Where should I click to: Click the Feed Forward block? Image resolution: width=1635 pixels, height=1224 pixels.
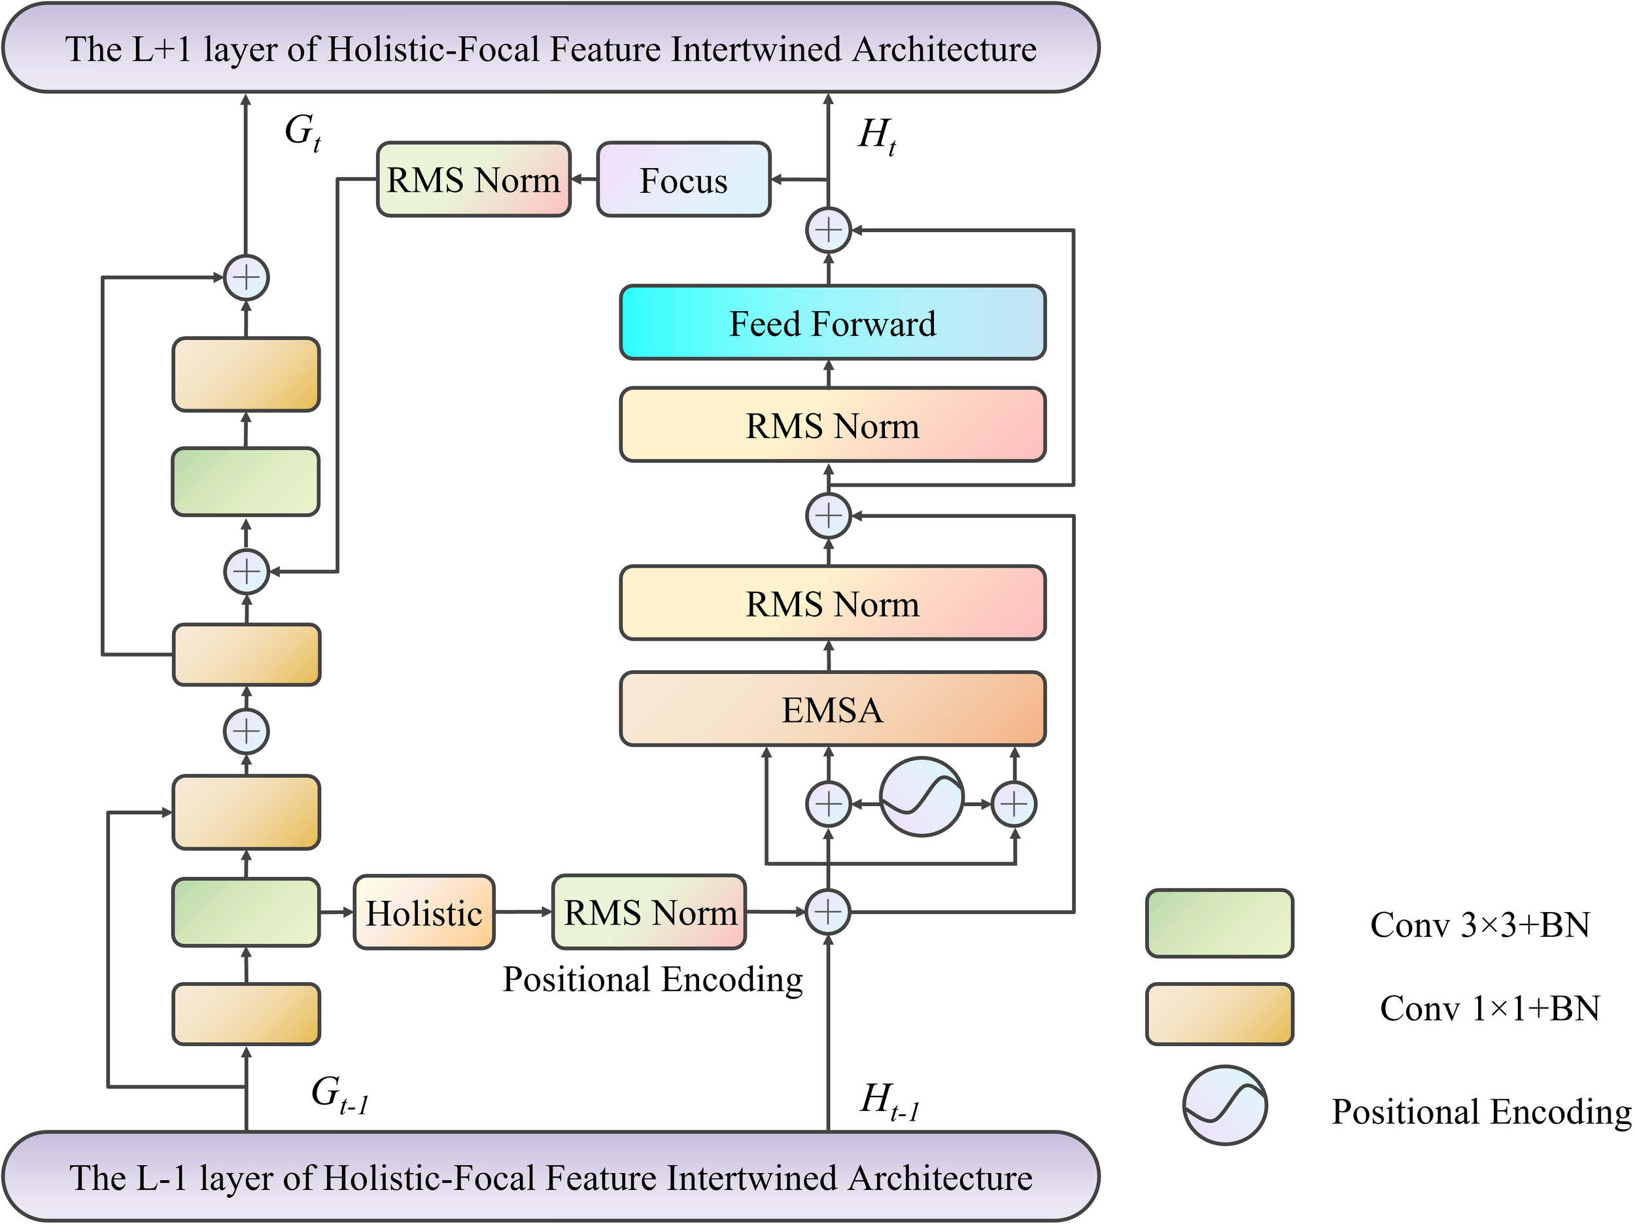[833, 323]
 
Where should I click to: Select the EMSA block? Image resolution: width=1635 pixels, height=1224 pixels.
[833, 709]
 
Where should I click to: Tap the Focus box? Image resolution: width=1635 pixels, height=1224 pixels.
[683, 180]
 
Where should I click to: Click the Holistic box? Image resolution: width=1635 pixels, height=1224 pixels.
[424, 913]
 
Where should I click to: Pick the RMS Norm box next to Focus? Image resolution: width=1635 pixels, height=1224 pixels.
[473, 180]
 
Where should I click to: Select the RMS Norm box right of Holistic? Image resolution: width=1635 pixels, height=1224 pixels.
[649, 912]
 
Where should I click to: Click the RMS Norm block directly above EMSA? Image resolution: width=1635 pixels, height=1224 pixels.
[833, 603]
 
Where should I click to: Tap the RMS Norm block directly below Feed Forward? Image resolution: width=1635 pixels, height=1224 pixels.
[833, 425]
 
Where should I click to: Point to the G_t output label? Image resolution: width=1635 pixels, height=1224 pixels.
[302, 131]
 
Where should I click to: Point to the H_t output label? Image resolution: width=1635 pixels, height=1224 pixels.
[876, 136]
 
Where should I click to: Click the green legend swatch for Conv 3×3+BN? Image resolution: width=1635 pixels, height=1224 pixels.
[1219, 923]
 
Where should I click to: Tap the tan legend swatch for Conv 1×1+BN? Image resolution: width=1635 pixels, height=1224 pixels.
[1219, 1013]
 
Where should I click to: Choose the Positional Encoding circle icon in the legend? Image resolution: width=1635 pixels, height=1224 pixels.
[1225, 1105]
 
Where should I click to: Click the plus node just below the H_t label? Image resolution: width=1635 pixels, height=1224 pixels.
[828, 230]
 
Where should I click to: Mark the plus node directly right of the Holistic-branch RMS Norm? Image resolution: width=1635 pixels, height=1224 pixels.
[827, 912]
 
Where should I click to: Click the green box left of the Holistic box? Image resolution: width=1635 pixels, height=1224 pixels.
[246, 912]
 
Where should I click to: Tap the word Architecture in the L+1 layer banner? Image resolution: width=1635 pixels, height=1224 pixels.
[944, 50]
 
